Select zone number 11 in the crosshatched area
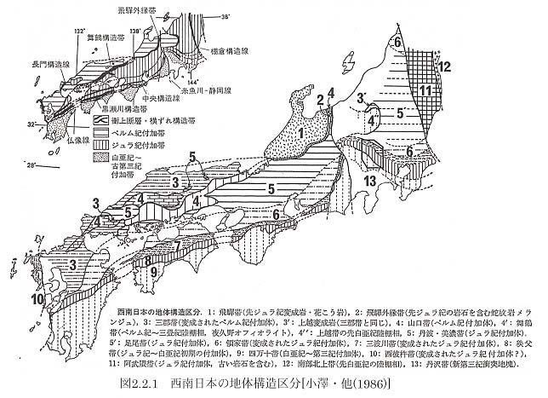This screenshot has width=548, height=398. pyautogui.click(x=424, y=91)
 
